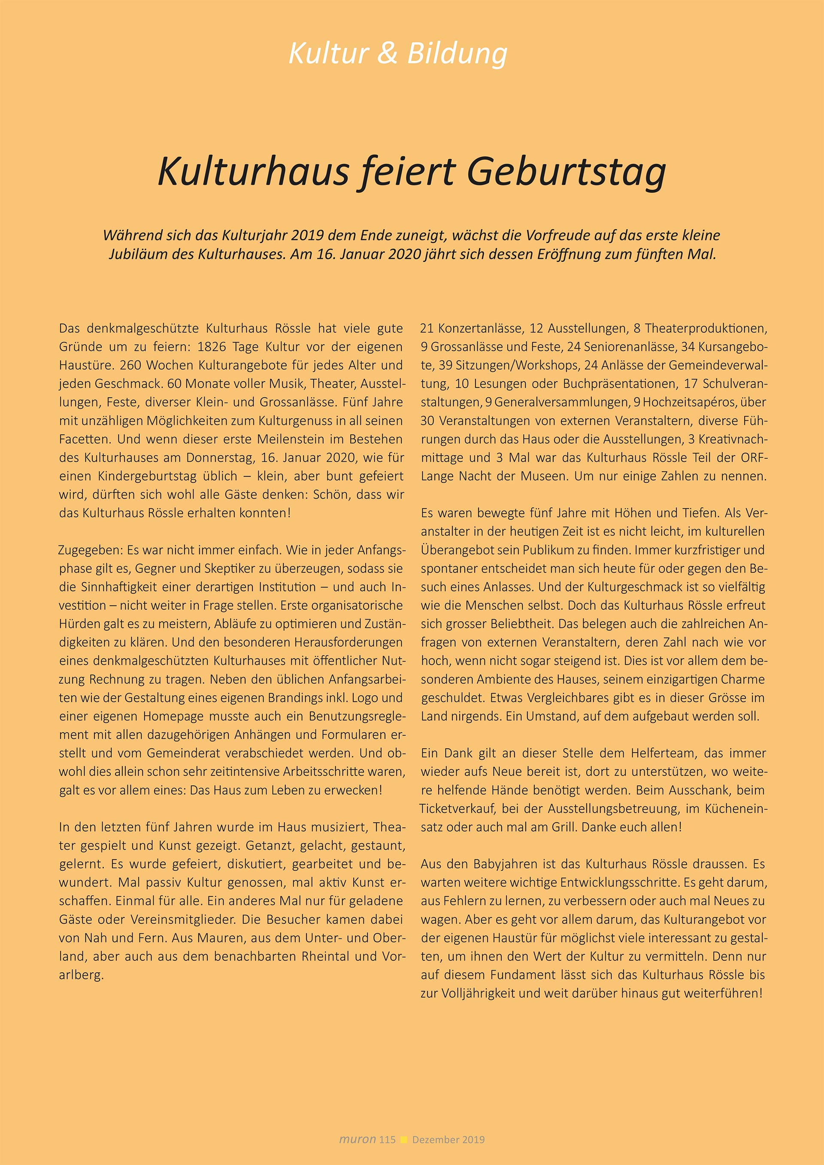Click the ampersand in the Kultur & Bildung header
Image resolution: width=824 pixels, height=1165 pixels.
coord(387,54)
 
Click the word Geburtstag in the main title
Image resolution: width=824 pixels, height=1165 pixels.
coord(566,172)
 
